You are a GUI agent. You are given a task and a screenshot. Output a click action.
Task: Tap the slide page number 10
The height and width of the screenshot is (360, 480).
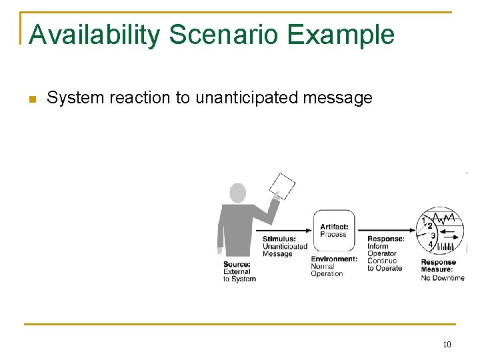[446, 345]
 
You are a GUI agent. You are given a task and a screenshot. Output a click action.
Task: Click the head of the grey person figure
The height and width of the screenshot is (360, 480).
[238, 193]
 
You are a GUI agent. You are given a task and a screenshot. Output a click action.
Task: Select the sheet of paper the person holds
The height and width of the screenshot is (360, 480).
[283, 186]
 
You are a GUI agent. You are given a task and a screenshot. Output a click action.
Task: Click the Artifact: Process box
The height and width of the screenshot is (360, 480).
[333, 231]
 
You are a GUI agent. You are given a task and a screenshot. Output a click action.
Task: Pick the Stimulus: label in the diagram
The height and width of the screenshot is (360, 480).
[279, 239]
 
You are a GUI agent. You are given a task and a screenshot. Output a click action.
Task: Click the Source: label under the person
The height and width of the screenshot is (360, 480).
[237, 264]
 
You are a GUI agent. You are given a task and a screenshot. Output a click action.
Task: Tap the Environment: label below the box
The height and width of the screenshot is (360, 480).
[334, 259]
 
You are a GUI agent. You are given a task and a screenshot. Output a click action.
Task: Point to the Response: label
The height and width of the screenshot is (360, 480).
[385, 239]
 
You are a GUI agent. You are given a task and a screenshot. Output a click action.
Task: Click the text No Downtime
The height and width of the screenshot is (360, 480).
[443, 277]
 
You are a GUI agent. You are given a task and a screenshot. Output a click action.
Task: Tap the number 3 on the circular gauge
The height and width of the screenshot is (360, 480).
[433, 235]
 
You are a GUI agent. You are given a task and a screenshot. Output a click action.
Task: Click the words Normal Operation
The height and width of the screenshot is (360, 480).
[327, 270]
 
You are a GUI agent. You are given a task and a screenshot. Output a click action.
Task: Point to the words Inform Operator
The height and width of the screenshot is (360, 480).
[382, 250]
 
